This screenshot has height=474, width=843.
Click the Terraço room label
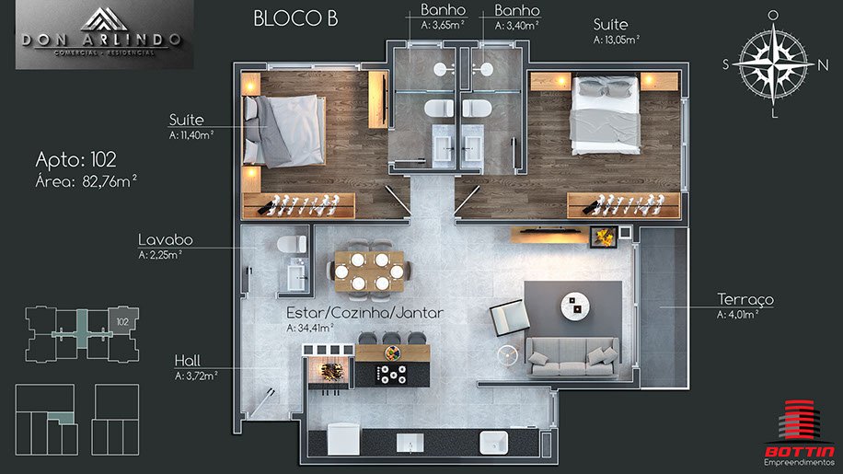[x=745, y=299]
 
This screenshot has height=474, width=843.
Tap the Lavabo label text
[x=166, y=239]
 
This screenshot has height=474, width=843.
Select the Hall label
[x=187, y=360]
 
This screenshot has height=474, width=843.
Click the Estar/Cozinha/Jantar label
[x=364, y=313]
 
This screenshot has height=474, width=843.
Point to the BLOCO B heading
[x=295, y=18]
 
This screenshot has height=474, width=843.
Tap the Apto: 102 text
[x=75, y=159]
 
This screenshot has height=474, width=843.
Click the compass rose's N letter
[x=823, y=65]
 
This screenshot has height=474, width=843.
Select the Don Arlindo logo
[x=104, y=34]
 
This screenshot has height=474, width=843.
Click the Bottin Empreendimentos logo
[x=799, y=434]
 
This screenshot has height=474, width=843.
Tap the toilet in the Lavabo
[x=292, y=244]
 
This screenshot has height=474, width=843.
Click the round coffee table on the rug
[x=574, y=306]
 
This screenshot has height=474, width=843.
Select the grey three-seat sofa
[x=572, y=356]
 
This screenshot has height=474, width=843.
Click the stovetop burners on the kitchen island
[x=392, y=375]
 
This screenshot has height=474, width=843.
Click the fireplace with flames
[x=603, y=237]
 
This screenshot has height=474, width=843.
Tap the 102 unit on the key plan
[x=123, y=321]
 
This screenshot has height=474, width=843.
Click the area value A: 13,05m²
[x=616, y=40]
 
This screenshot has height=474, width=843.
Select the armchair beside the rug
[x=509, y=318]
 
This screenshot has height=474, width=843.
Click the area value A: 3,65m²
[x=443, y=25]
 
